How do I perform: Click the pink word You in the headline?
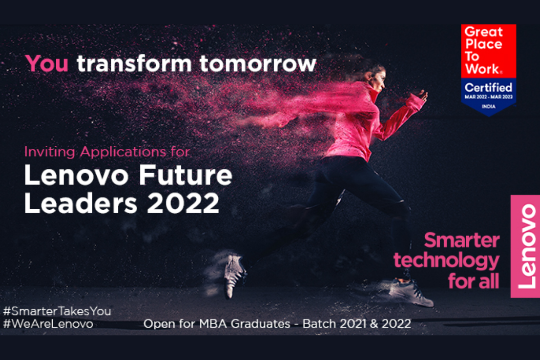point(47,63)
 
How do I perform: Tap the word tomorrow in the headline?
point(258,63)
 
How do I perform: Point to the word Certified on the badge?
point(488,87)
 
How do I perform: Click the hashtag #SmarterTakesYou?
point(57,311)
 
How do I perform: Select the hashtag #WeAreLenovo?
point(48,324)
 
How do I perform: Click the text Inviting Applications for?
point(107,152)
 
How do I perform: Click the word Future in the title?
point(186,176)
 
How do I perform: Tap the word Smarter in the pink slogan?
point(462,240)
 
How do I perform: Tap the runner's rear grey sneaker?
point(234,274)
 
